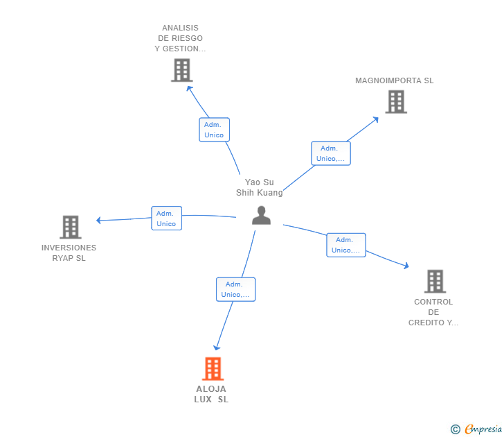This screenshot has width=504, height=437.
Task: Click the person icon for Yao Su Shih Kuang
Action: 261,215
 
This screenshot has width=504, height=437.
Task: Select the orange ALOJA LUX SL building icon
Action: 213,368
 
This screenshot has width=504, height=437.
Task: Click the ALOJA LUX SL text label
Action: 211,394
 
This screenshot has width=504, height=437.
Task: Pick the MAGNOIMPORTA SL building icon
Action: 395,102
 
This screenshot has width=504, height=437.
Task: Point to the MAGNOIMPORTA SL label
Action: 395,80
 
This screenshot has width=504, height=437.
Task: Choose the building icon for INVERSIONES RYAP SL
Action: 70,227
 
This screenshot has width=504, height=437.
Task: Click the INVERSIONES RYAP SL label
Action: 69,252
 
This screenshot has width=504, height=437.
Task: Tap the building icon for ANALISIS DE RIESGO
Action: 181,70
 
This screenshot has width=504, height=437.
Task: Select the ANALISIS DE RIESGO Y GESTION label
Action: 181,39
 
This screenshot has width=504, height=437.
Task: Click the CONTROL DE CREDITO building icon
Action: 435,281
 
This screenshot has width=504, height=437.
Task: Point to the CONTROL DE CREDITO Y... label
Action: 433,312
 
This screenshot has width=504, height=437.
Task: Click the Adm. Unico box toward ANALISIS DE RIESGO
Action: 214,130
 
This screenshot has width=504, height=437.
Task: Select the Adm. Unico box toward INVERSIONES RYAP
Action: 166,218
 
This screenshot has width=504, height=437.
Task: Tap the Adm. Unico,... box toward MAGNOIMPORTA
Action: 331,153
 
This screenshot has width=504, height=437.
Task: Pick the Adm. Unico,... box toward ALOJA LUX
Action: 235,289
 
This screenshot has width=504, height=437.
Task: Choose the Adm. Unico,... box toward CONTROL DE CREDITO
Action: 346,245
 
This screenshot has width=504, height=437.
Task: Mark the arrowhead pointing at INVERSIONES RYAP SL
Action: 99,221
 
